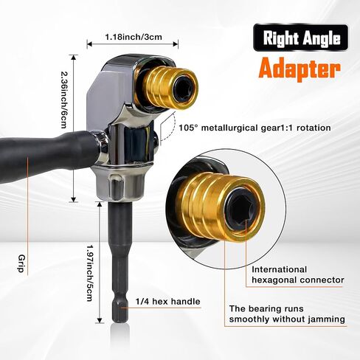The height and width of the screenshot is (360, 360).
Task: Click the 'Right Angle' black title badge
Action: (x=300, y=38)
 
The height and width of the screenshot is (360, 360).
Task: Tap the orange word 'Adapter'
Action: (x=300, y=68)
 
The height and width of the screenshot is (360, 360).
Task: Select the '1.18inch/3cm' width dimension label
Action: (x=134, y=37)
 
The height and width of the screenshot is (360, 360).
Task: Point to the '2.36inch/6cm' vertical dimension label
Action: (x=64, y=100)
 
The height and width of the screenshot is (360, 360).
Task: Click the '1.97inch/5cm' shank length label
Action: (x=89, y=273)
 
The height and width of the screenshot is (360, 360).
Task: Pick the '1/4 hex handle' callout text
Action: (x=168, y=302)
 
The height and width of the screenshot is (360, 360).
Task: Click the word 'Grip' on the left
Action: (x=21, y=263)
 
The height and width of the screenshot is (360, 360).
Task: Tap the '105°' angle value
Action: (x=187, y=128)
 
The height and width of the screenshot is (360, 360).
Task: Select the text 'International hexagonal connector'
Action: (x=298, y=274)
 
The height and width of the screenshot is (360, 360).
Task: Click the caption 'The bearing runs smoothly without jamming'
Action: (x=287, y=314)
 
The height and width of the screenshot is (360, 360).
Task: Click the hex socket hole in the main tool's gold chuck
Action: (x=184, y=88)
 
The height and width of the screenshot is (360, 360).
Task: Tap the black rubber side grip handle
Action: (x=46, y=153)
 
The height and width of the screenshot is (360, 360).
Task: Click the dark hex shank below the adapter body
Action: (x=120, y=260)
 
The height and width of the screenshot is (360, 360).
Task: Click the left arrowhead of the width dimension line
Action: (x=89, y=44)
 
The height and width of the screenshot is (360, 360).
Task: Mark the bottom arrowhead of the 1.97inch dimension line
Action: (x=100, y=320)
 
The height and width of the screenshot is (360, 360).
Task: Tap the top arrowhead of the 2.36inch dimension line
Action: (x=74, y=58)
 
